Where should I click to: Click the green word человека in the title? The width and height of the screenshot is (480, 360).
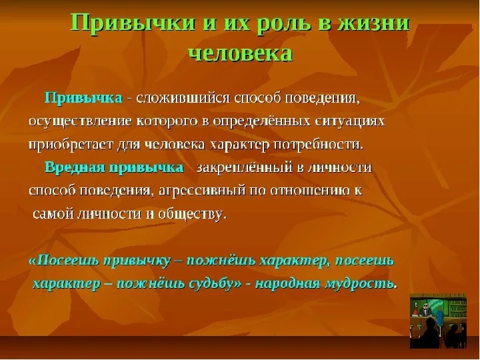pyautogui.click(x=241, y=54)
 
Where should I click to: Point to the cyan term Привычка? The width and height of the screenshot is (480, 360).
pyautogui.click(x=83, y=99)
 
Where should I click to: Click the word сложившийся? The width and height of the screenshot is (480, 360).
pyautogui.click(x=183, y=99)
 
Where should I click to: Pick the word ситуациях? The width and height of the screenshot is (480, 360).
pyautogui.click(x=350, y=121)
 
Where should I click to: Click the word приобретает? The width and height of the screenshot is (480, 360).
pyautogui.click(x=71, y=145)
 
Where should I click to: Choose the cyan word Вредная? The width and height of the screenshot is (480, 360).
pyautogui.click(x=75, y=168)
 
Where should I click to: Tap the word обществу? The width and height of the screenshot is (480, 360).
pyautogui.click(x=193, y=214)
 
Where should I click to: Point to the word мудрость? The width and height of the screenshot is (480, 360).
pyautogui.click(x=361, y=284)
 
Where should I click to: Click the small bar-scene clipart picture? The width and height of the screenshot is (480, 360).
pyautogui.click(x=439, y=321)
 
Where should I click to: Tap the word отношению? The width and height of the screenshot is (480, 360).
pyautogui.click(x=311, y=191)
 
